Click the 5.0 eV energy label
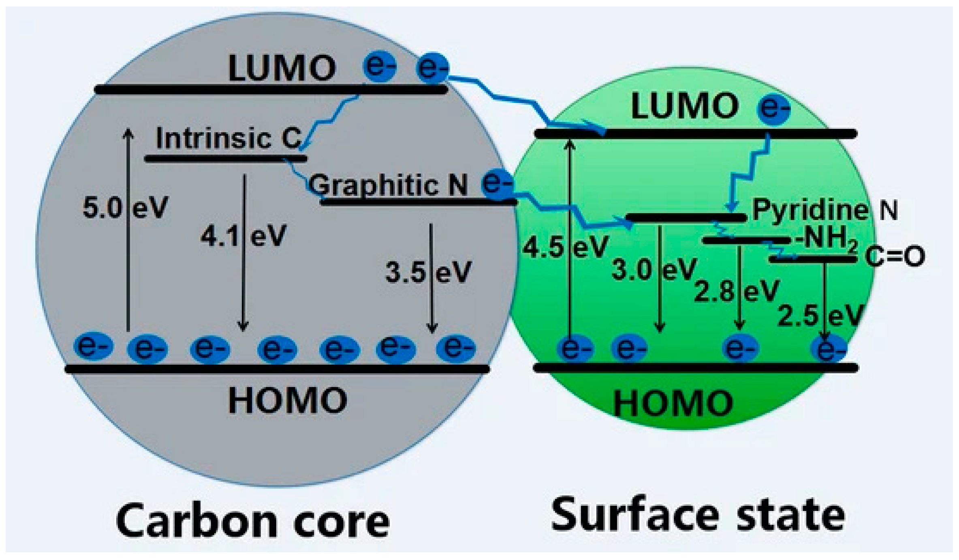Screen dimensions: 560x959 tap(125, 208)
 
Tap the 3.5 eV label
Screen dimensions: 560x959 tap(428, 272)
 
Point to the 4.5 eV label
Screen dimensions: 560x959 tap(566, 247)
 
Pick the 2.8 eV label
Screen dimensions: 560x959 tap(736, 291)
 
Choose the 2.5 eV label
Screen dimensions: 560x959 tap(820, 316)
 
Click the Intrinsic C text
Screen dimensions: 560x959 tap(229, 138)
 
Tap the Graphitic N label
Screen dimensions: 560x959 tap(388, 185)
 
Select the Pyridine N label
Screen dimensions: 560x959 tap(825, 210)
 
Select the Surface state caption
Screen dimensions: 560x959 tap(698, 515)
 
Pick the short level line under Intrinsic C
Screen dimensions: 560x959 tap(226, 159)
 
